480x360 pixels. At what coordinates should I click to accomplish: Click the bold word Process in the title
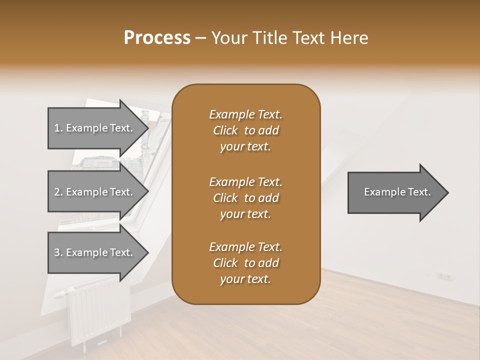pos(157,38)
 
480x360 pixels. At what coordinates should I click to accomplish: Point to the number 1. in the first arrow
pos(58,128)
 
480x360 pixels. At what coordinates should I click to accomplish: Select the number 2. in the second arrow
pos(58,192)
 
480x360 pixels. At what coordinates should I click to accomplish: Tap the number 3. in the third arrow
pos(58,252)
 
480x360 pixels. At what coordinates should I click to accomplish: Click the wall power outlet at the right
pos(444,275)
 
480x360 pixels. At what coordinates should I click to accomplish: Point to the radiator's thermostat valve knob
pos(60,294)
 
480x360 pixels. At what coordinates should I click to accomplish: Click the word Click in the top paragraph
pos(225,130)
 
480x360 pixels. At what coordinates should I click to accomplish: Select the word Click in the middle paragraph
pos(225,198)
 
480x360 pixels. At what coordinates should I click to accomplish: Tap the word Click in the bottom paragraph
pos(225,263)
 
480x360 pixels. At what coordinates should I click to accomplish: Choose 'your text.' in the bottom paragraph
pos(245,279)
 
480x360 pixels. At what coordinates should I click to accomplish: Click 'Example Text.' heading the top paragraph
pos(245,114)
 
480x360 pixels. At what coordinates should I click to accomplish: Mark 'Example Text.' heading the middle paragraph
pos(245,181)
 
